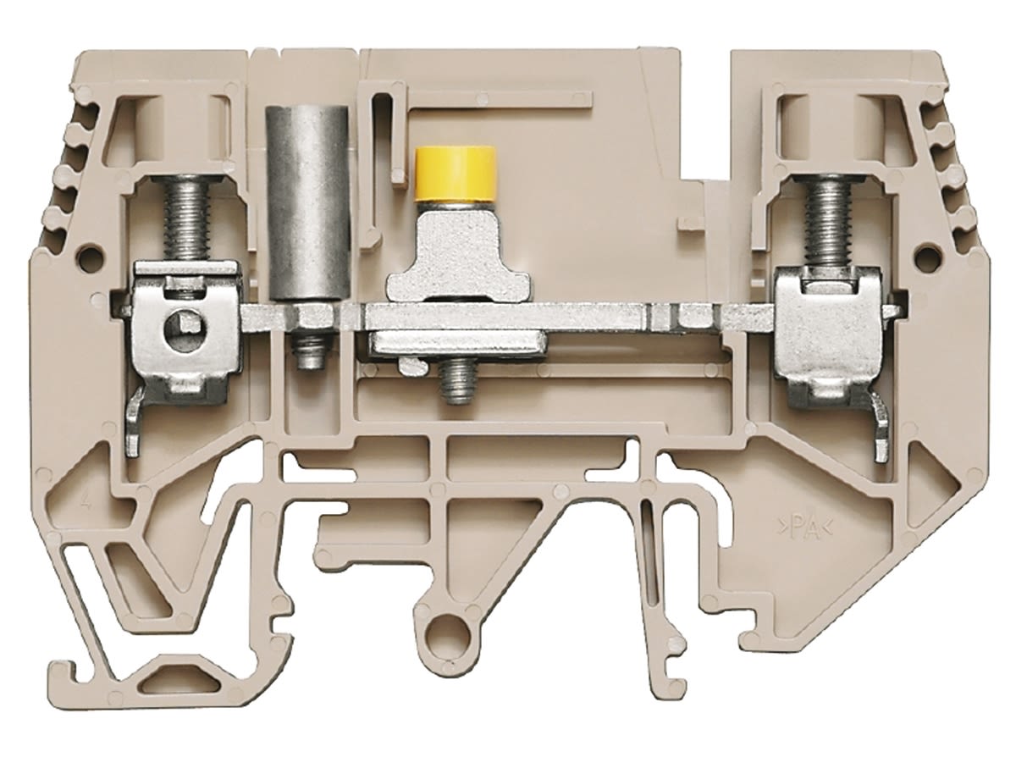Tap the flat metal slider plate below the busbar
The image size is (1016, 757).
click(x=456, y=343)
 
